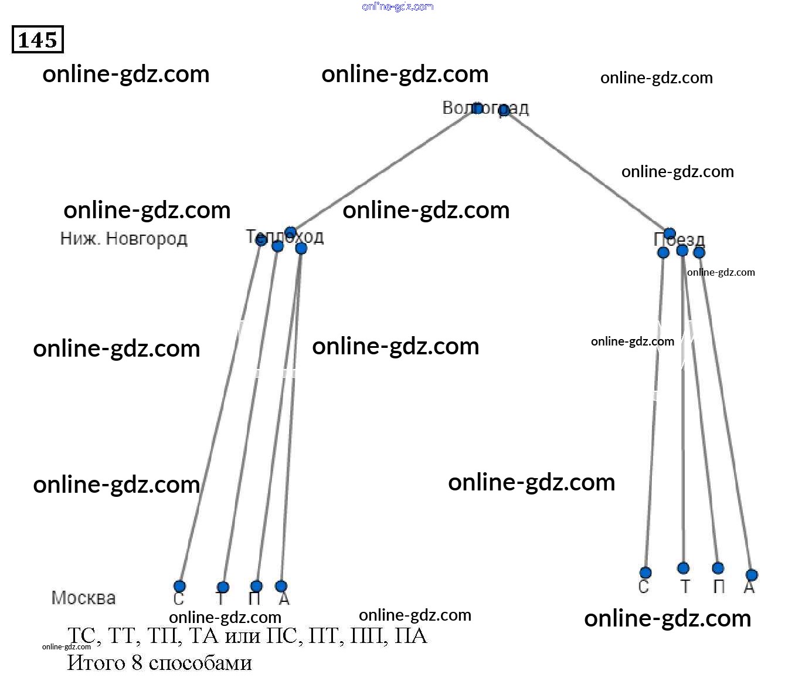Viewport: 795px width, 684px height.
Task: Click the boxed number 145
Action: (38, 40)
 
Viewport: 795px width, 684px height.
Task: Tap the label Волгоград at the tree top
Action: (485, 109)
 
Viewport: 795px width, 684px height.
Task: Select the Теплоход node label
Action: (284, 237)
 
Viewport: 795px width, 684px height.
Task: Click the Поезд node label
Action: (679, 239)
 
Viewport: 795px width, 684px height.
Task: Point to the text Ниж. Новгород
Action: (124, 239)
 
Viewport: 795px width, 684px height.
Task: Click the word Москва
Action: (84, 598)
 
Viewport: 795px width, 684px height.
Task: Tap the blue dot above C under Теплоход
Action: (179, 586)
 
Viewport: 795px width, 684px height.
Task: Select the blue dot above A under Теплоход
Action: (281, 586)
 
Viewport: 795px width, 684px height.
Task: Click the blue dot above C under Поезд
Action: (645, 573)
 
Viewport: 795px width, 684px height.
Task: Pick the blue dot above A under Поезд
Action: (752, 575)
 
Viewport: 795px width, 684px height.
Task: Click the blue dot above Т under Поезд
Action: (683, 568)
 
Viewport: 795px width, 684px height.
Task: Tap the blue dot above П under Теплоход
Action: (256, 586)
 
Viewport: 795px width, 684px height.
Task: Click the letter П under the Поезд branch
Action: (719, 587)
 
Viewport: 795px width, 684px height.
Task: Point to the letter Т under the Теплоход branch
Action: (220, 599)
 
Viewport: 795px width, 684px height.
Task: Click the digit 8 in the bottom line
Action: (137, 663)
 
